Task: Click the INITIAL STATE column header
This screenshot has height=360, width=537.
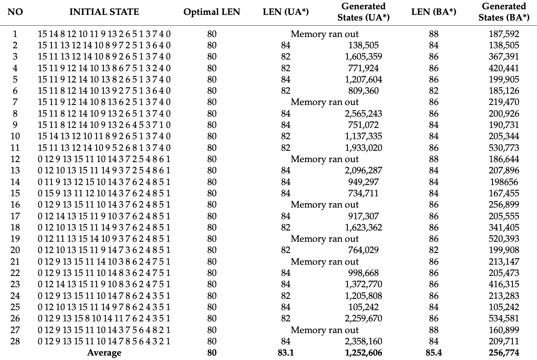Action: (x=104, y=12)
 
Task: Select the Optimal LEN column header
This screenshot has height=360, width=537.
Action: (x=212, y=12)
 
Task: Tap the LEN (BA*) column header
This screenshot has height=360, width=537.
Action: (x=434, y=12)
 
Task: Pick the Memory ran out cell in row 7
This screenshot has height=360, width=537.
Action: (x=324, y=102)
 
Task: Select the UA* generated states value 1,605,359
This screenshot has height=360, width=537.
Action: (x=364, y=57)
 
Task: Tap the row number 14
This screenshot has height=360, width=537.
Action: (x=15, y=182)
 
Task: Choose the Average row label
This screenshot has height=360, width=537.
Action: (x=104, y=353)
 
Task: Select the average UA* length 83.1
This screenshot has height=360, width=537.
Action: (x=285, y=353)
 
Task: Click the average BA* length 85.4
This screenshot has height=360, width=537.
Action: (x=434, y=353)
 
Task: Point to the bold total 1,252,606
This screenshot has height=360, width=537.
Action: (x=364, y=353)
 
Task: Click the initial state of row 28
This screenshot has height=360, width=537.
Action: (x=104, y=341)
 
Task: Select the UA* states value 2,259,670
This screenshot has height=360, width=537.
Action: (x=364, y=319)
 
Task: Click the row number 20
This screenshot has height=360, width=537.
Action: (x=15, y=250)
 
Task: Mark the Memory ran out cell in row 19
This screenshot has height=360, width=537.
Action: (x=324, y=239)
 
